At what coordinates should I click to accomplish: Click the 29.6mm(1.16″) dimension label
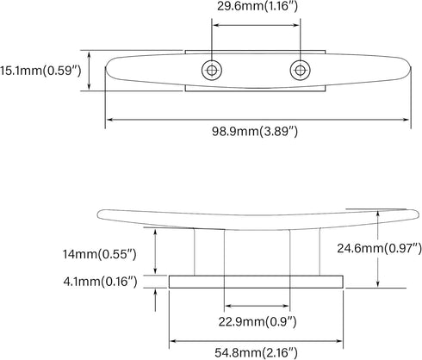(x=258, y=6)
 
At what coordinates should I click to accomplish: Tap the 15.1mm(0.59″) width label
(x=40, y=71)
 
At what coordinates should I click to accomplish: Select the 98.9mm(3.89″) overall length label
(x=255, y=132)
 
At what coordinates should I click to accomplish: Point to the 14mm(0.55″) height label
(x=100, y=254)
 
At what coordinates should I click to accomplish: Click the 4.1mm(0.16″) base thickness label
(x=100, y=282)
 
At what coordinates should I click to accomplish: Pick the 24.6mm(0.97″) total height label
(x=379, y=248)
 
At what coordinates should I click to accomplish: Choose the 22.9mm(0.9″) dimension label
(x=258, y=322)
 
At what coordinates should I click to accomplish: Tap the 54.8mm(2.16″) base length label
(x=256, y=352)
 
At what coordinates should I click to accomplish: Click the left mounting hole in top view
(x=212, y=70)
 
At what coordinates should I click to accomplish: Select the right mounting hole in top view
(x=300, y=70)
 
